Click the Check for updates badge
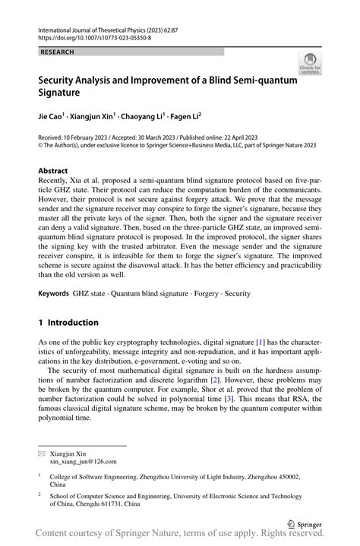[310, 64]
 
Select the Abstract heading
[57, 171]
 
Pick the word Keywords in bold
[53, 292]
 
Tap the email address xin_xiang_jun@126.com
[84, 461]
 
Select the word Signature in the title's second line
[65, 96]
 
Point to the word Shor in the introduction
[247, 387]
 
